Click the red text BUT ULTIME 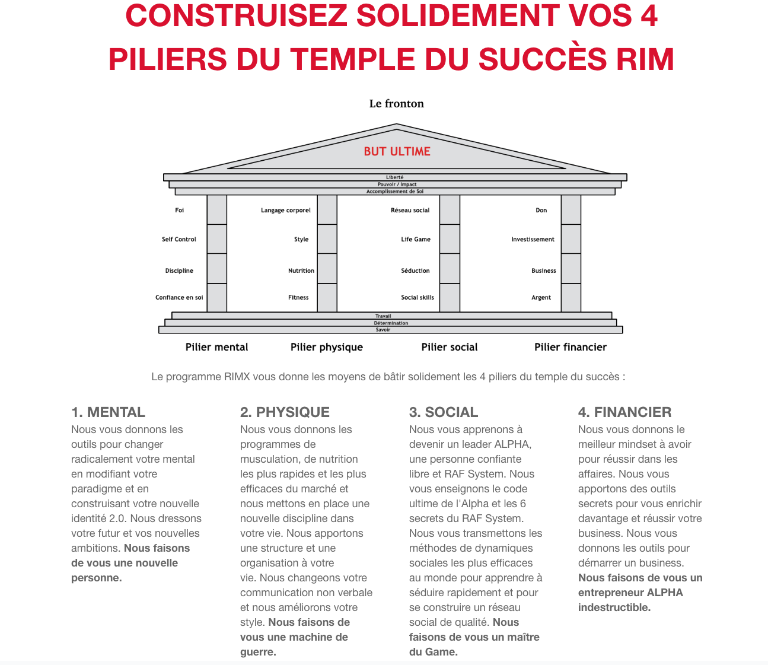pyautogui.click(x=397, y=151)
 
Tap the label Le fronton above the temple pyautogui.click(x=396, y=104)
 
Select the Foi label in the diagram pyautogui.click(x=179, y=211)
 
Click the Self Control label pyautogui.click(x=179, y=240)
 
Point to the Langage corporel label pyautogui.click(x=285, y=211)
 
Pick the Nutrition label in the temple pyautogui.click(x=301, y=271)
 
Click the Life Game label pyautogui.click(x=415, y=240)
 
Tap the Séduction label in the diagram pyautogui.click(x=415, y=271)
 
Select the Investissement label pyautogui.click(x=533, y=240)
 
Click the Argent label pyautogui.click(x=541, y=298)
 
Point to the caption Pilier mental pyautogui.click(x=216, y=348)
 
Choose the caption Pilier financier pyautogui.click(x=570, y=348)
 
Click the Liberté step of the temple pyautogui.click(x=394, y=177)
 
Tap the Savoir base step pyautogui.click(x=383, y=330)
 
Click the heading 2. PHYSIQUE pyautogui.click(x=285, y=412)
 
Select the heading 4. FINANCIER pyautogui.click(x=624, y=412)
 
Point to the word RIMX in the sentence pyautogui.click(x=237, y=377)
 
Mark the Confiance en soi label pyautogui.click(x=179, y=298)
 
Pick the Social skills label pyautogui.click(x=417, y=298)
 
